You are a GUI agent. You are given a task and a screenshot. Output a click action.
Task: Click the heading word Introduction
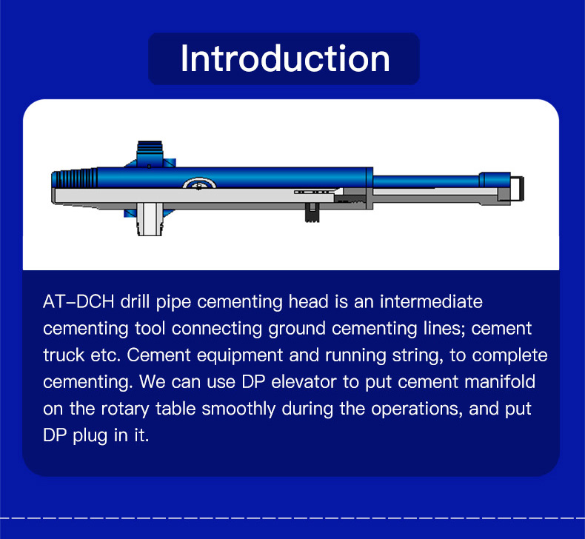coord(285,58)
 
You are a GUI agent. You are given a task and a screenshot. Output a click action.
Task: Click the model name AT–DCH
coord(78,301)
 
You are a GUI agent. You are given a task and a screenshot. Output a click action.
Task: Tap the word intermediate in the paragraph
coord(431,301)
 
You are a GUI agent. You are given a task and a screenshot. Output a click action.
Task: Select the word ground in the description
coord(297,329)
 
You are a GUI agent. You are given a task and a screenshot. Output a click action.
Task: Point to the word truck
coord(64,355)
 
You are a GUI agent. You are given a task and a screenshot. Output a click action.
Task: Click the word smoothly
coord(238,409)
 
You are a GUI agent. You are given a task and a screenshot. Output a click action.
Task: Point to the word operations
coord(417,409)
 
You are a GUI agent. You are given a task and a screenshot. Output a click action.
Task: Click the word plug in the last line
coord(90,436)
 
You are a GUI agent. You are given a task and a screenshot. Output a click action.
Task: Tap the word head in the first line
coord(309,301)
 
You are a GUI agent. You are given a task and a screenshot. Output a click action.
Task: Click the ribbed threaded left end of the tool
coord(75,178)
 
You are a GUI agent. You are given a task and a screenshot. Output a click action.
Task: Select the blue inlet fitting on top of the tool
coord(150,153)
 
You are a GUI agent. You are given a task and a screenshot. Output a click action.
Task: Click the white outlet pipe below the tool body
coord(150,219)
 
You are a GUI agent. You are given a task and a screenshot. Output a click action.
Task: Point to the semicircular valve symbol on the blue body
coord(199,183)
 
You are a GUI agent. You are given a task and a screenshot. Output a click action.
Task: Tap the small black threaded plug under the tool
coord(312,212)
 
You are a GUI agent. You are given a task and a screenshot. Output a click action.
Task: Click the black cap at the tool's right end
coord(517,189)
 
